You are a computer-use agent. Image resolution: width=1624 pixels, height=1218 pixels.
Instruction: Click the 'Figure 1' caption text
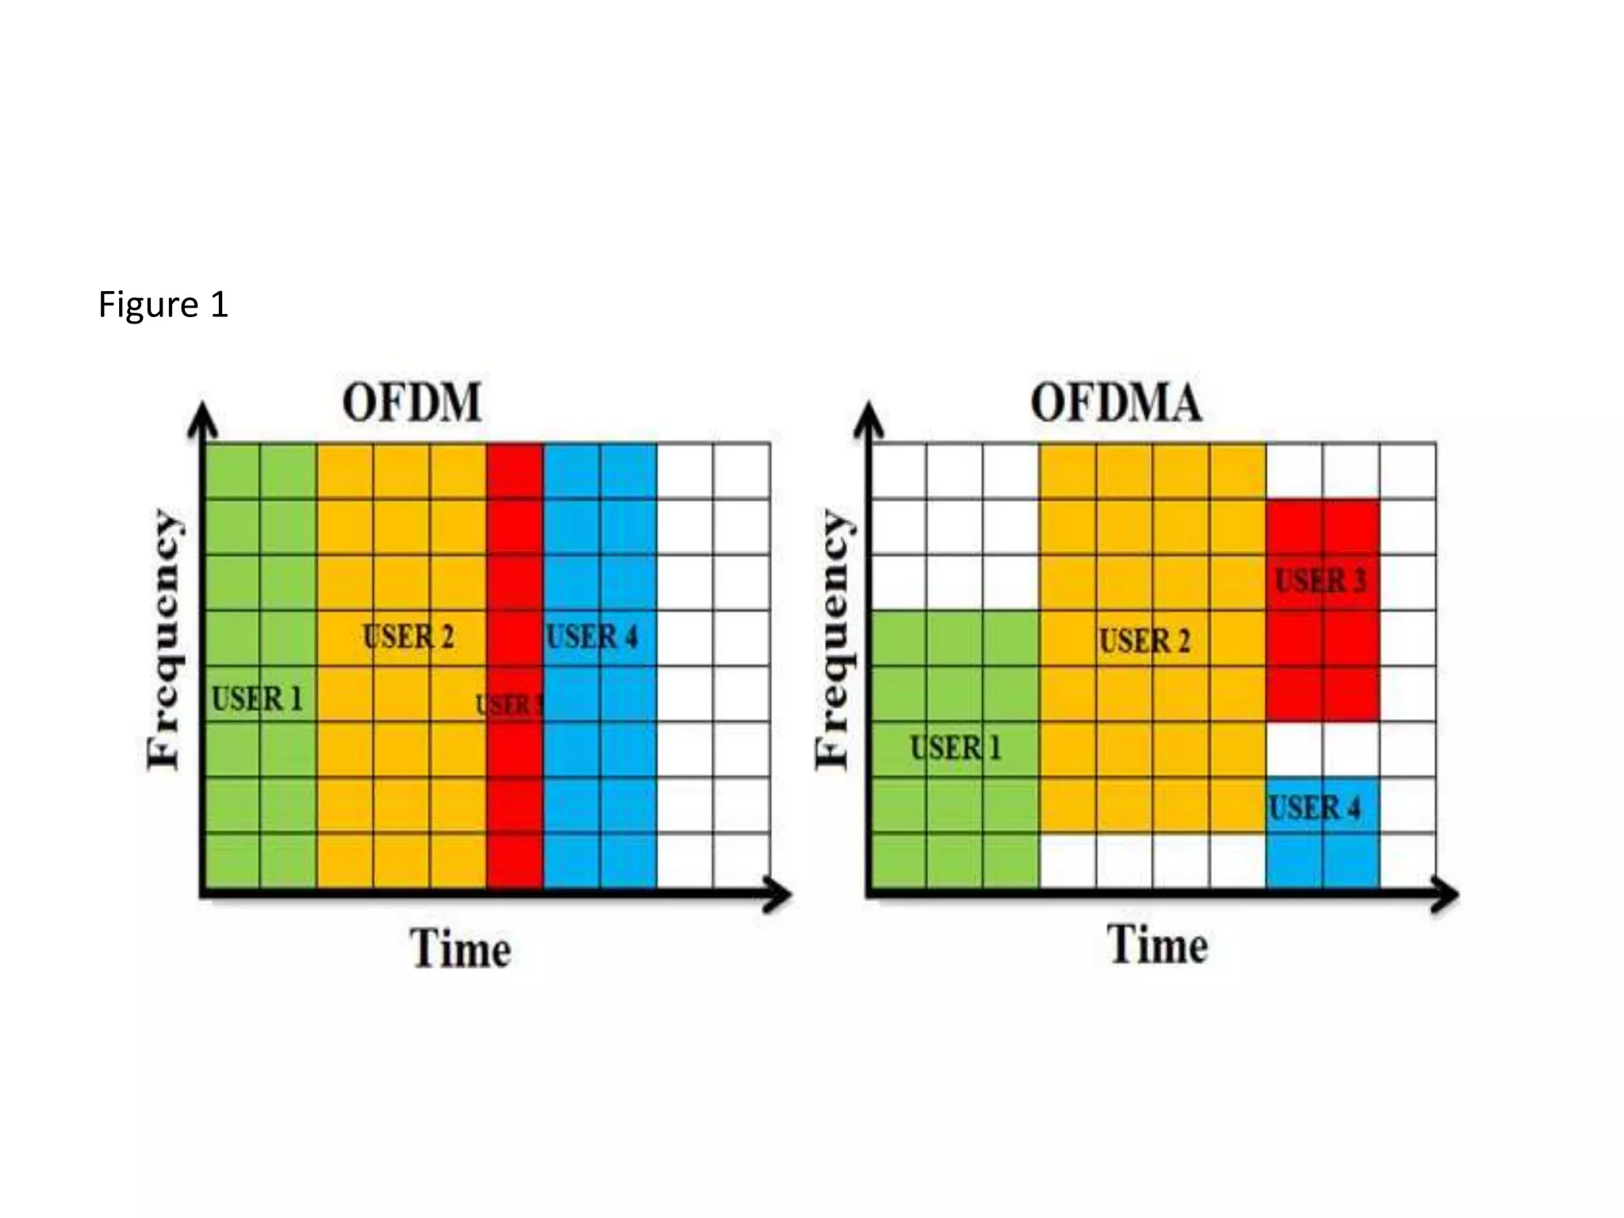coord(163,304)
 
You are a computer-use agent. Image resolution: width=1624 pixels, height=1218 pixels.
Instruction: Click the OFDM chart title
coord(412,402)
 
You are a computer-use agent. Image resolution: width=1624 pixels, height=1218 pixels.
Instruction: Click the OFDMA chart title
coord(1116,402)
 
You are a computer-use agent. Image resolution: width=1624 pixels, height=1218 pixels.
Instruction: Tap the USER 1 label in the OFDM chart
coord(257,699)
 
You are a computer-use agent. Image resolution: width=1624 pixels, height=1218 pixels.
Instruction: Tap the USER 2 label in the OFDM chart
coord(408,637)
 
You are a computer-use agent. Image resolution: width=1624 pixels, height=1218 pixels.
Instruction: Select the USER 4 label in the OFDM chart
coord(592,637)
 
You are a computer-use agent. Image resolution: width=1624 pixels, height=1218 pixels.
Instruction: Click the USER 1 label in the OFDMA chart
coord(956,748)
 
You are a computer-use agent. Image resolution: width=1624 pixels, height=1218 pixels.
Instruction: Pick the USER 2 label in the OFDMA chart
coord(1144,641)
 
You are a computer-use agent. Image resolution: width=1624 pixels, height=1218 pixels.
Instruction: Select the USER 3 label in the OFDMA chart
coord(1321,580)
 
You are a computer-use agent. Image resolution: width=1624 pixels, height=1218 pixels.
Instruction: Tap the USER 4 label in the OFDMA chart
coord(1315,808)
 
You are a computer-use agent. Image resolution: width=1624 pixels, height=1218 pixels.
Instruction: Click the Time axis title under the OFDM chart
coord(460,948)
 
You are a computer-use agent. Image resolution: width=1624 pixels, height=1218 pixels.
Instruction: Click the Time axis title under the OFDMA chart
coord(1158,944)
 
